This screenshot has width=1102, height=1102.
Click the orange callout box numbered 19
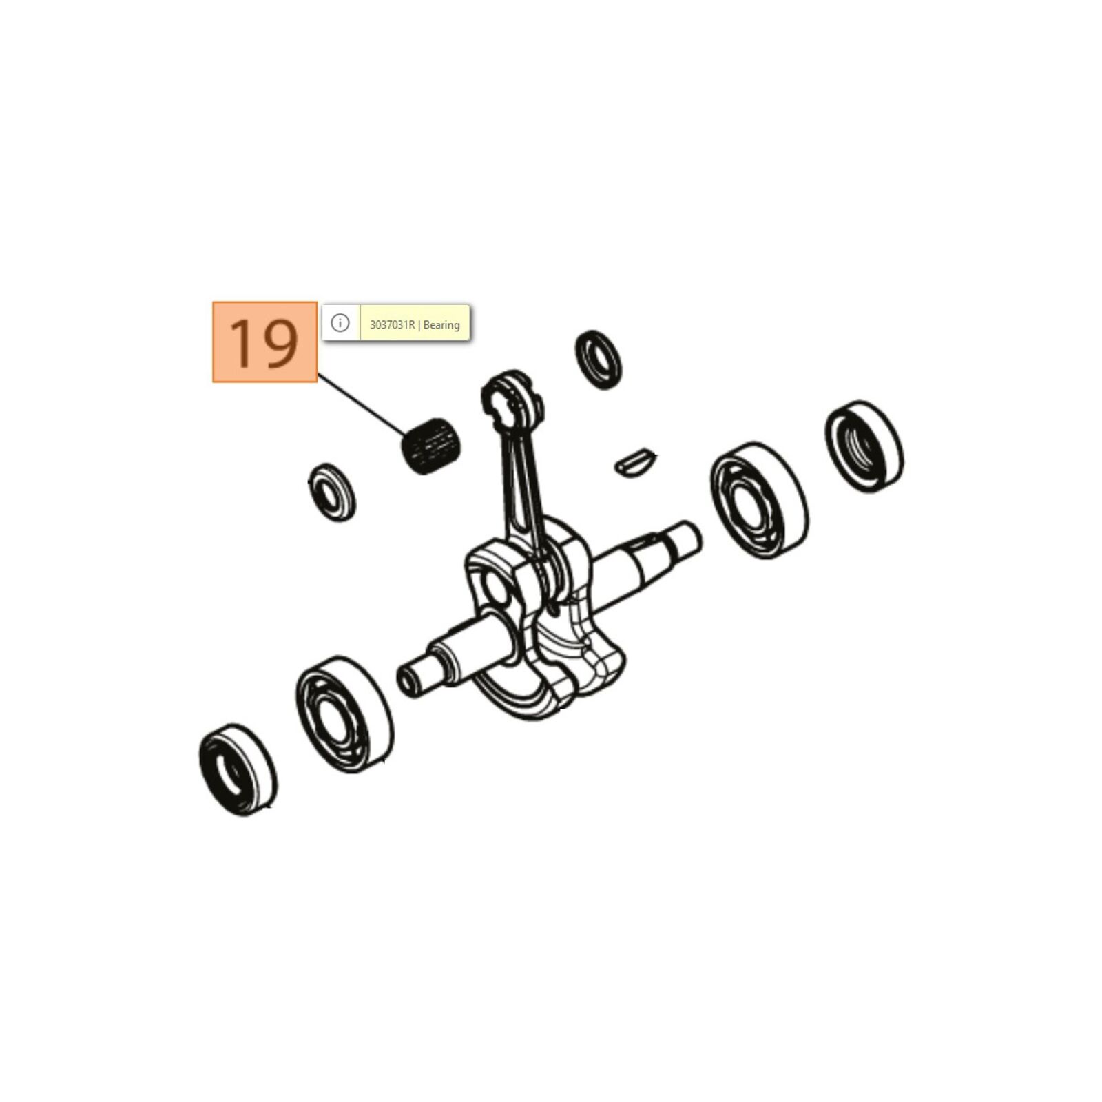click(x=264, y=342)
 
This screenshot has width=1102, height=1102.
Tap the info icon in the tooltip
click(x=340, y=322)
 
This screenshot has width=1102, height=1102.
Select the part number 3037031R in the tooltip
click(x=393, y=324)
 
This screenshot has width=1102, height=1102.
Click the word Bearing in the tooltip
click(x=441, y=325)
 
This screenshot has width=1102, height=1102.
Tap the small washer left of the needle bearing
click(x=332, y=492)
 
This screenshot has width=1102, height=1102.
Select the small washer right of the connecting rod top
click(x=598, y=360)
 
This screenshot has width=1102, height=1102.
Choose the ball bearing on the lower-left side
click(x=344, y=714)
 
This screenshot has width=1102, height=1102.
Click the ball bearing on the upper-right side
click(x=760, y=500)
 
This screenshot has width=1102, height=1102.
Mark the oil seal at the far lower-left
click(x=238, y=769)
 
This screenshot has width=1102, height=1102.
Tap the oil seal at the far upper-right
click(x=864, y=446)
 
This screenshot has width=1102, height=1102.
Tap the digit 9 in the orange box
click(x=281, y=343)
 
